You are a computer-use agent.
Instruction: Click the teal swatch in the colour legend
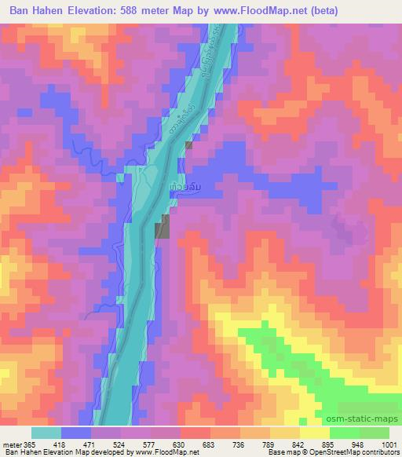click(46, 433)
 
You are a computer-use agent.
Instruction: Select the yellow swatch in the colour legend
click(315, 433)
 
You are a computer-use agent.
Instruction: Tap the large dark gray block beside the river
click(161, 229)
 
